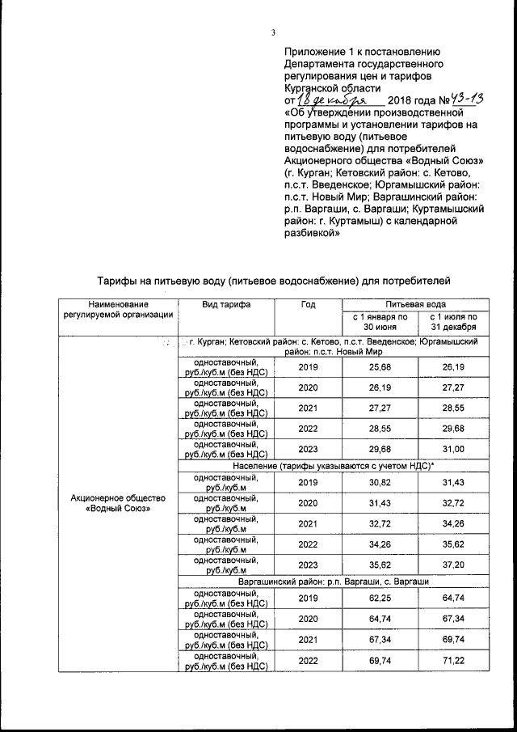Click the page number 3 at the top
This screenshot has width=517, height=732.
point(273,32)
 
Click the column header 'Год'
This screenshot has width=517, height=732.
point(308,304)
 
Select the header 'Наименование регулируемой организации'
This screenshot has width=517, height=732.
point(120,309)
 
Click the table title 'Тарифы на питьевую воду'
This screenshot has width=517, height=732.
point(272,281)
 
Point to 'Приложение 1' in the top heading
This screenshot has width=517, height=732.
point(321,50)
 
